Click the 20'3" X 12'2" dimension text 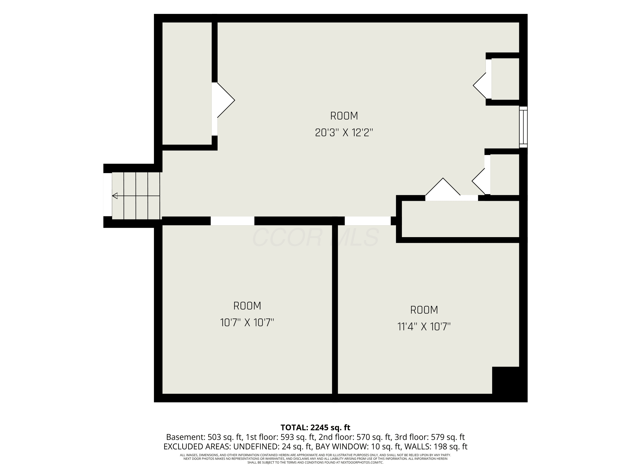click(x=344, y=133)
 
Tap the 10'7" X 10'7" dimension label click(x=247, y=322)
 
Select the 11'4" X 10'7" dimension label click(x=424, y=326)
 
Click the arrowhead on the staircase click(x=115, y=196)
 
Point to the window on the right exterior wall click(x=523, y=127)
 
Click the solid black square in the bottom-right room click(x=505, y=380)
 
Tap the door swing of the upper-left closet click(x=223, y=100)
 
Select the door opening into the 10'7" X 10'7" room click(x=232, y=221)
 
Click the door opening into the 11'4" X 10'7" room click(x=368, y=221)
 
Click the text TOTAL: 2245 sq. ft click(x=315, y=427)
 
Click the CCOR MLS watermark click(x=315, y=237)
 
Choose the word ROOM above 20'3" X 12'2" click(x=344, y=116)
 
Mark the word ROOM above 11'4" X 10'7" click(x=424, y=310)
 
